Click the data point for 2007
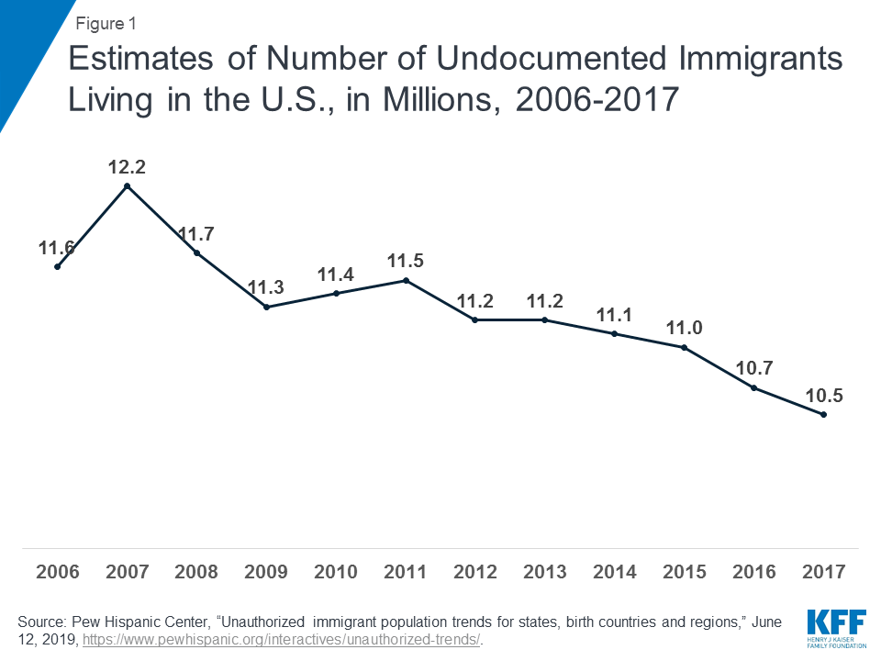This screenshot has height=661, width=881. point(128,186)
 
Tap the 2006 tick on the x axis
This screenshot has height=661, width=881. point(58,572)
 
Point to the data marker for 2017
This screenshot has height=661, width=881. point(823,415)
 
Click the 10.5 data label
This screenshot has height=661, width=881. point(823,396)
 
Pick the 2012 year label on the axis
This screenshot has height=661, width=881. point(475,572)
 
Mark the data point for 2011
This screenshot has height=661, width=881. point(406,280)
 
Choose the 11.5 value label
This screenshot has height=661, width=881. point(406,261)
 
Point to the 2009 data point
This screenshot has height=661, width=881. point(266,307)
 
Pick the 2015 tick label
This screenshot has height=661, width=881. point(684,572)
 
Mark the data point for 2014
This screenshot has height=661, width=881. point(615,334)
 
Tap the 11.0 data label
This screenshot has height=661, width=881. point(684,328)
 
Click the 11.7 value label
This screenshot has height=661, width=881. point(195,234)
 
